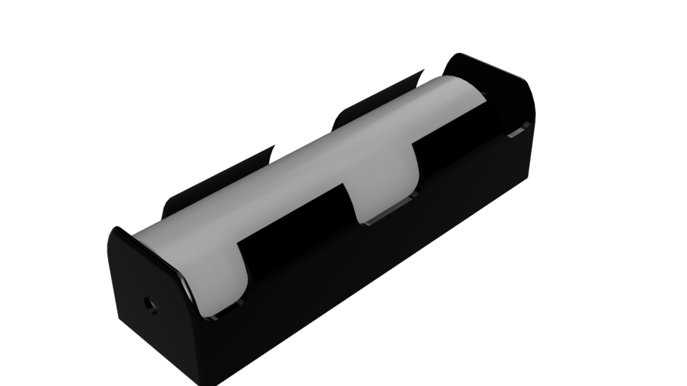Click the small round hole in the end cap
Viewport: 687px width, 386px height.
click(151, 302)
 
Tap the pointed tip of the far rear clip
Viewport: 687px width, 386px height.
click(422, 71)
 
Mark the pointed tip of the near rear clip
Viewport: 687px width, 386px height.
click(273, 147)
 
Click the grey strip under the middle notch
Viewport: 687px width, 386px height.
click(386, 214)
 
